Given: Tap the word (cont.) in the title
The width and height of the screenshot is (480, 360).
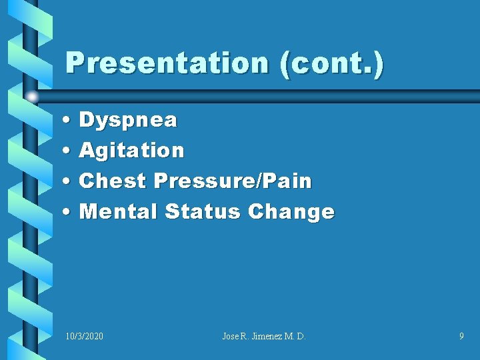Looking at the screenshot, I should pyautogui.click(x=332, y=64).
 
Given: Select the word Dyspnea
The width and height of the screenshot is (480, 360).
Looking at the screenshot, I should pyautogui.click(x=128, y=121).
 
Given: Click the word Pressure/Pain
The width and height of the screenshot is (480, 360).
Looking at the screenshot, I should pyautogui.click(x=233, y=181).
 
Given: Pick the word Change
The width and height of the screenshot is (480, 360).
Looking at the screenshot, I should pyautogui.click(x=291, y=212).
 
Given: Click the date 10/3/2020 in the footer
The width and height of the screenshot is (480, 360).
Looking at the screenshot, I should pyautogui.click(x=85, y=337).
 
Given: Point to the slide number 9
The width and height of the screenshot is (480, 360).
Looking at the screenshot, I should pyautogui.click(x=461, y=337).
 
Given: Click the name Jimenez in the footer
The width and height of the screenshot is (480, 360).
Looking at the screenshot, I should pyautogui.click(x=265, y=337).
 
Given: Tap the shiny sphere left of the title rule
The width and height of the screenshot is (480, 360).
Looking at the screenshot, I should pyautogui.click(x=31, y=97).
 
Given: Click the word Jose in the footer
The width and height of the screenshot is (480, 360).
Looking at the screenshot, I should pyautogui.click(x=231, y=337).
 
